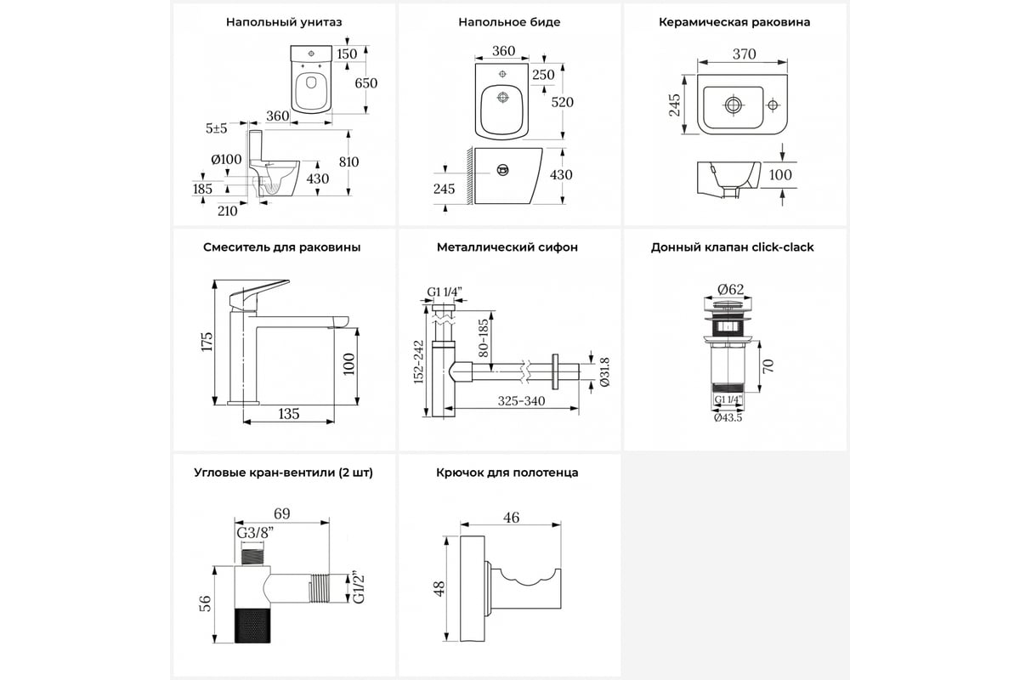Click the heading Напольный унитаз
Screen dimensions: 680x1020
(284, 22)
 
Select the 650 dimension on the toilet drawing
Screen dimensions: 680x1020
(366, 82)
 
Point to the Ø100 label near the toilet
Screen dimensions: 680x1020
(227, 159)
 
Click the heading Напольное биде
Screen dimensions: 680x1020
(509, 22)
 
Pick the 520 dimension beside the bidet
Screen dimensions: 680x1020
(563, 102)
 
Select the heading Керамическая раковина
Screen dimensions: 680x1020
(734, 22)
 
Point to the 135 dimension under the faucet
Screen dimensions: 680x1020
(289, 414)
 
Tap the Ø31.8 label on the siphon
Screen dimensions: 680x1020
(604, 371)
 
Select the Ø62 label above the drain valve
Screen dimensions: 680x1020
(731, 289)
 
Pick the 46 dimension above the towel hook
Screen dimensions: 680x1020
(510, 518)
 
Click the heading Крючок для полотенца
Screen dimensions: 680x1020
(507, 473)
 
